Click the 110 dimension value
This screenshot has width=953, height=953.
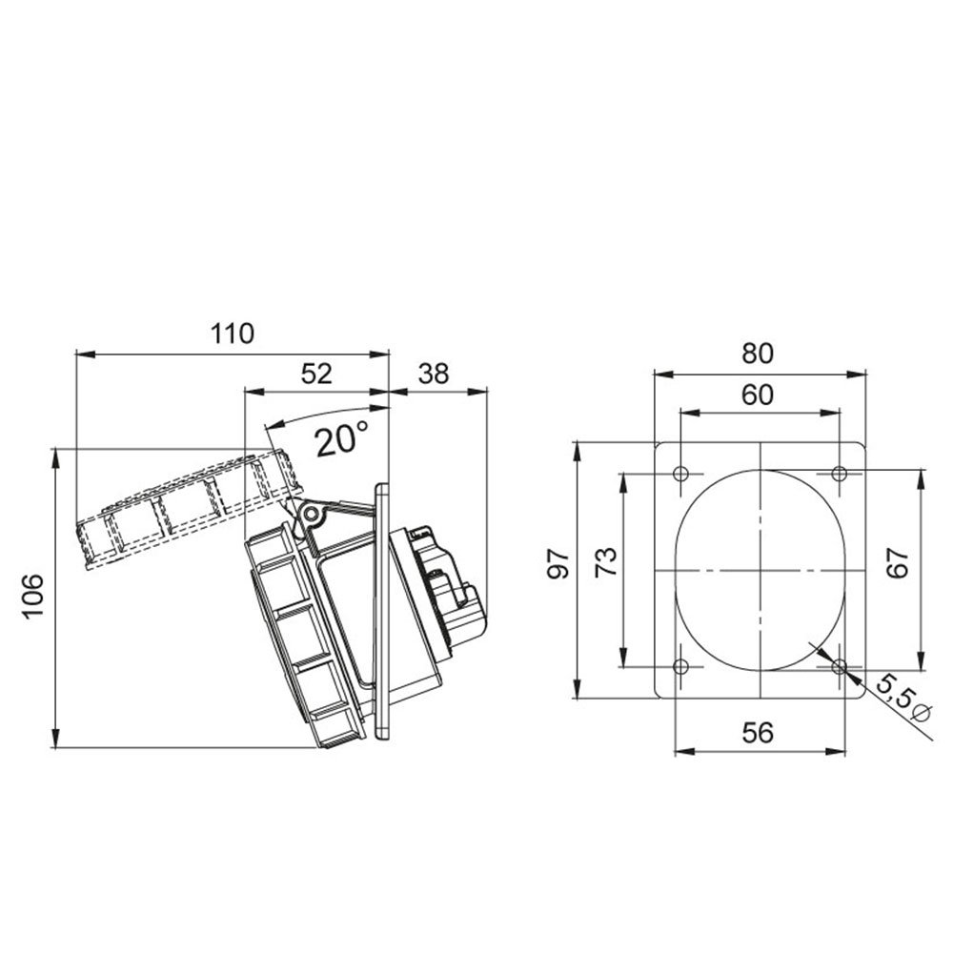[x=233, y=334]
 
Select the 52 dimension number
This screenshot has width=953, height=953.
[x=316, y=374]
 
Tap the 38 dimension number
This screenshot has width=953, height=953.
[x=434, y=374]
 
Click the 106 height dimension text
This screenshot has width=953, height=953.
[x=33, y=595]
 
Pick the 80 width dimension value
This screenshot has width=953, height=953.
[x=758, y=354]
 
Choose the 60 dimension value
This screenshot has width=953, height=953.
[x=758, y=395]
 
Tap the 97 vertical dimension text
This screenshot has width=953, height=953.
[x=558, y=563]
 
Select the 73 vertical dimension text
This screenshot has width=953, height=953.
[x=606, y=562]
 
